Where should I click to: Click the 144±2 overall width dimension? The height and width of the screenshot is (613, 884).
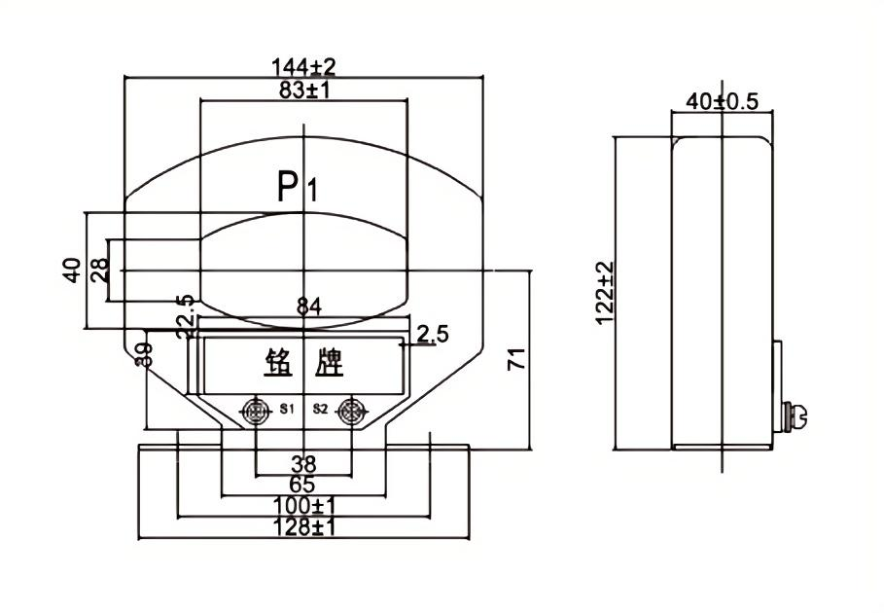pyautogui.click(x=304, y=66)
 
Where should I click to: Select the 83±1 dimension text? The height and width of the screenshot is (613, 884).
pyautogui.click(x=304, y=90)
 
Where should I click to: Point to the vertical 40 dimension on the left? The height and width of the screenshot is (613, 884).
pyautogui.click(x=71, y=270)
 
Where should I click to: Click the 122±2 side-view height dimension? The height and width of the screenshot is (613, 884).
pyautogui.click(x=603, y=292)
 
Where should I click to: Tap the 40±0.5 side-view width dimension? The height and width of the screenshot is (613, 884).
pyautogui.click(x=722, y=101)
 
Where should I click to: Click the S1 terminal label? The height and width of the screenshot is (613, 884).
pyautogui.click(x=286, y=410)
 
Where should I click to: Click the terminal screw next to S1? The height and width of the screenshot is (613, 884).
pyautogui.click(x=256, y=412)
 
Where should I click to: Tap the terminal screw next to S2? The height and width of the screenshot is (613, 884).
pyautogui.click(x=351, y=412)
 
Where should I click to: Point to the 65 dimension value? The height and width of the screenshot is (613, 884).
pyautogui.click(x=304, y=486)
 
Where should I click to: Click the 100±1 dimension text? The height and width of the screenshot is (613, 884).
pyautogui.click(x=304, y=507)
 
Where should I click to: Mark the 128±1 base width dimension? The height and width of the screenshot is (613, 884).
pyautogui.click(x=304, y=528)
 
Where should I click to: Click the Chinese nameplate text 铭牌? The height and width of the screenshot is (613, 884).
pyautogui.click(x=304, y=364)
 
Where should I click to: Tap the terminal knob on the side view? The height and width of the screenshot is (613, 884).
pyautogui.click(x=796, y=417)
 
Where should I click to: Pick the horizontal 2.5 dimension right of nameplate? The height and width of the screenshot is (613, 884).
pyautogui.click(x=432, y=336)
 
